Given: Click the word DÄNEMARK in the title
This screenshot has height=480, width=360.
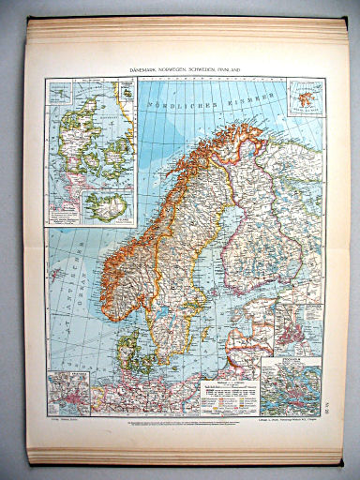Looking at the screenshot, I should click(145, 69).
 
